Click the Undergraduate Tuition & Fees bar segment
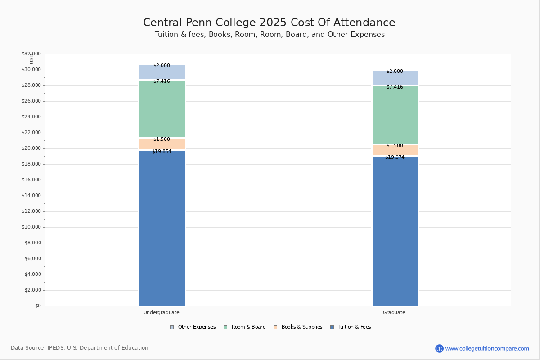click(162, 228)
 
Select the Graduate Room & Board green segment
click(395, 115)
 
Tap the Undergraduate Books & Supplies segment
click(162, 144)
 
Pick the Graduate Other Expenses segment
click(395, 78)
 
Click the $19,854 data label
click(162, 152)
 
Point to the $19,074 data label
click(395, 157)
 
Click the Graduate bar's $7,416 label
click(395, 87)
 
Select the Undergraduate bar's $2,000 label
click(162, 65)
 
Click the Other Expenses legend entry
click(193, 327)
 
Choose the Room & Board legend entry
click(245, 327)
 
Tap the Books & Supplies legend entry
click(298, 327)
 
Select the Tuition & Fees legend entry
click(351, 327)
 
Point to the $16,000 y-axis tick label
click(31, 180)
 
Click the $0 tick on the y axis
click(38, 306)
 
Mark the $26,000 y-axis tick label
click(31, 101)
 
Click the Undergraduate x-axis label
click(162, 312)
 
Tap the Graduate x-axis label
click(394, 312)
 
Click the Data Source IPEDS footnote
click(80, 348)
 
